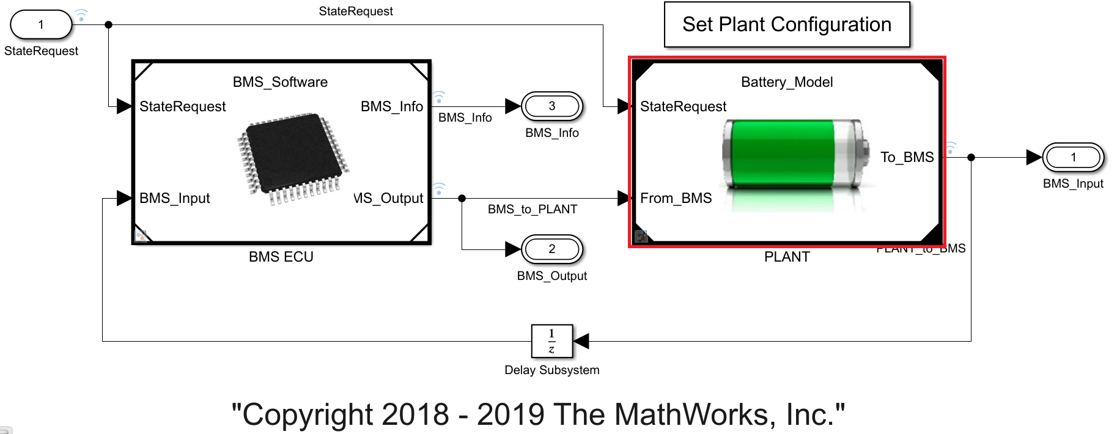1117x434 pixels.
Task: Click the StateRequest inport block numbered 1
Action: [41, 25]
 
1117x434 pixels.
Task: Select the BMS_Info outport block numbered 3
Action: [552, 106]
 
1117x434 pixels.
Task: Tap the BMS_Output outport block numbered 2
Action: [552, 249]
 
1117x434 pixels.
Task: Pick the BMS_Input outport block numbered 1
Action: [1073, 158]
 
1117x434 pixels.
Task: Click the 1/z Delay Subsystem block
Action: [552, 341]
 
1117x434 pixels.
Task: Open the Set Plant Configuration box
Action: [787, 24]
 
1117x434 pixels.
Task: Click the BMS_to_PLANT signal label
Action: [533, 209]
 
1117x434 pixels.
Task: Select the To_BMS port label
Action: [907, 157]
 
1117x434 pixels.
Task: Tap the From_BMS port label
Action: [676, 198]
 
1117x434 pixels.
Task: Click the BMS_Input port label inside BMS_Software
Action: [175, 198]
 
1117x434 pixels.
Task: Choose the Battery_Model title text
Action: [787, 82]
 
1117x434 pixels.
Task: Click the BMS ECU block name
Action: [281, 257]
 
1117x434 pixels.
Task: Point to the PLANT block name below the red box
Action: [787, 257]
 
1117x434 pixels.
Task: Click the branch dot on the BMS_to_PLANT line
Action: [462, 198]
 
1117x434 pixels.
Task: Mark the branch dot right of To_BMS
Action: [971, 158]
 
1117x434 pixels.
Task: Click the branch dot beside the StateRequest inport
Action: [108, 25]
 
